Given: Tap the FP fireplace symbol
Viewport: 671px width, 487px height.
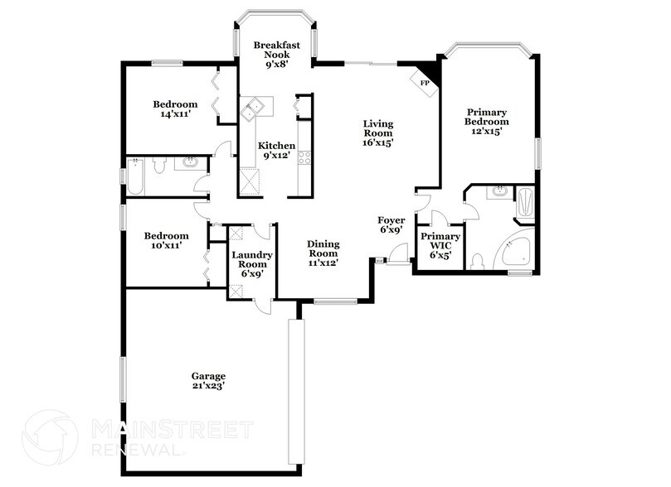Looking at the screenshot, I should pos(425,83).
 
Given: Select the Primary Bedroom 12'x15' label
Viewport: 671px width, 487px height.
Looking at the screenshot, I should pos(487,121).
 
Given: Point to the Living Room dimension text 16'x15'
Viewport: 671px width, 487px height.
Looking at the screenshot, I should pos(377,142).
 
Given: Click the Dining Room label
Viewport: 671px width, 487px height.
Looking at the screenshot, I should pos(323,253).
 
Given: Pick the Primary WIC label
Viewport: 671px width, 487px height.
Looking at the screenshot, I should pos(440,245).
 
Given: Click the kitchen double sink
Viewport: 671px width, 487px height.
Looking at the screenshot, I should pos(251,107).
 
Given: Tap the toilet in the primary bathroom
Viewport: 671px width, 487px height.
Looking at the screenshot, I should pos(476,263).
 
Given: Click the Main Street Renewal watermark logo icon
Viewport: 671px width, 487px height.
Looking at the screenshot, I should pos(50,437).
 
